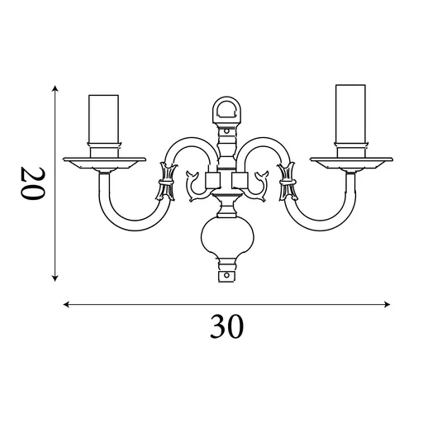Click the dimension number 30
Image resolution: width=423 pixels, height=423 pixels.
point(226,328)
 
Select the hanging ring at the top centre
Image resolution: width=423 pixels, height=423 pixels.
point(227,108)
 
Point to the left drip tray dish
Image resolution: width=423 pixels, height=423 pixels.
point(104,162)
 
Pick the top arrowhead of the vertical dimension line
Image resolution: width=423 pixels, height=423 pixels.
point(55,88)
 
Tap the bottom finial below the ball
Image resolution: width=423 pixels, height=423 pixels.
point(227,271)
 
